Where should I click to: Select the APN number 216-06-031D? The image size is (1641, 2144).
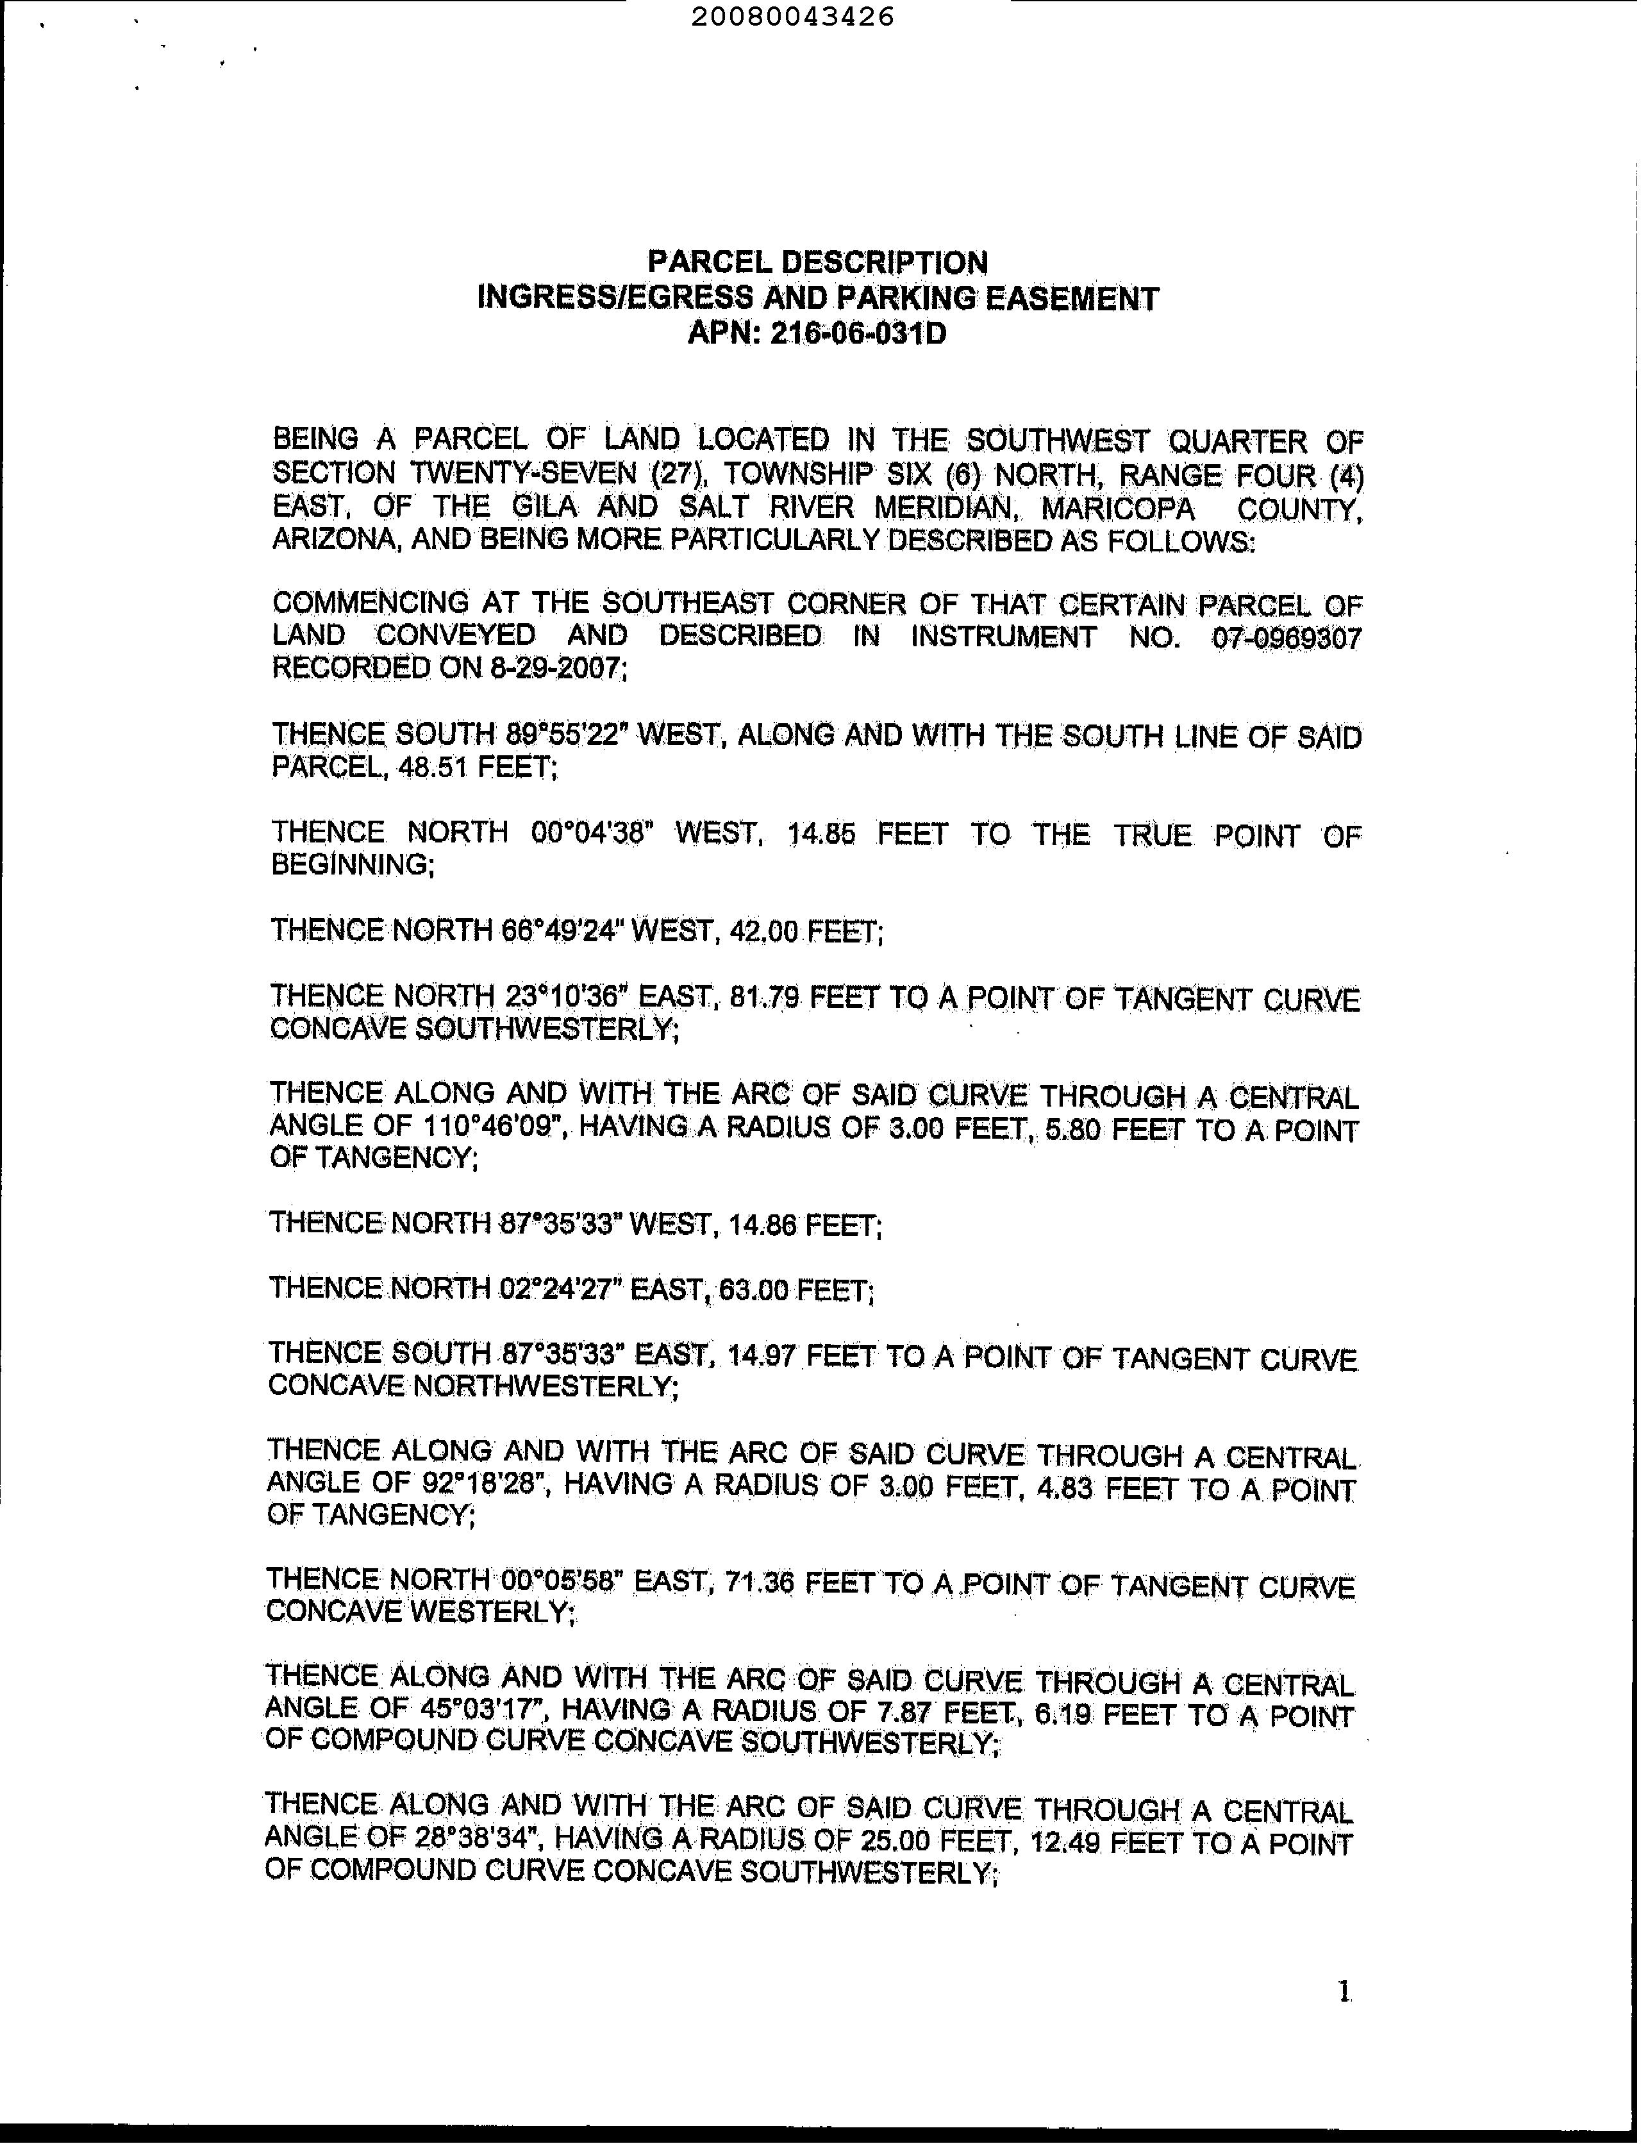click(x=858, y=334)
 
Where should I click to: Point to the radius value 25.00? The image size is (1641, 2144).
click(x=894, y=1843)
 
